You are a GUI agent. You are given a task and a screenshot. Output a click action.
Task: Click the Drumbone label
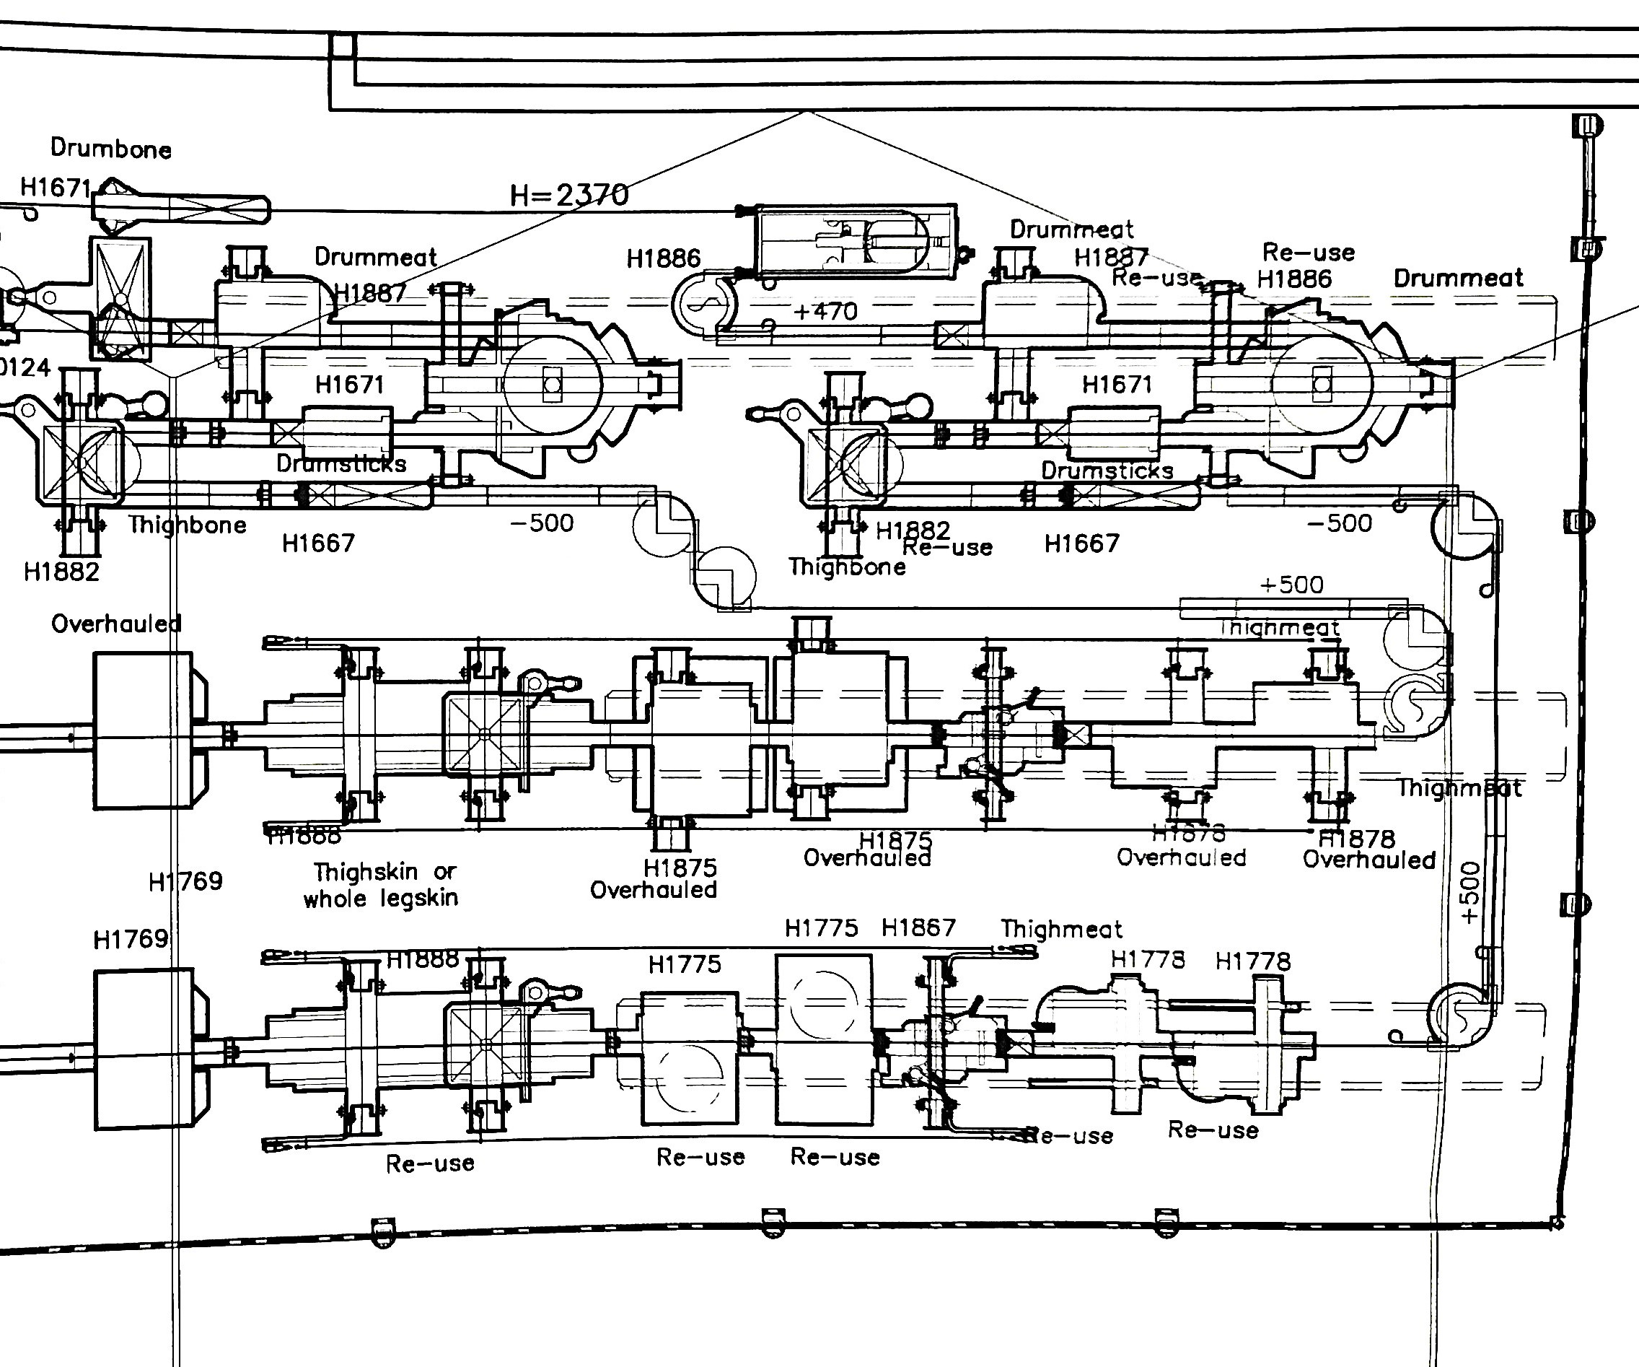point(111,149)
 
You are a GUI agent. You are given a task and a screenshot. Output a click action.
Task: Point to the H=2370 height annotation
point(569,194)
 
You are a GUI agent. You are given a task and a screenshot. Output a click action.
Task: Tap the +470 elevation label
point(825,312)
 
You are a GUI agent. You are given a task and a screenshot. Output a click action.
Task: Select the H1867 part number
point(918,927)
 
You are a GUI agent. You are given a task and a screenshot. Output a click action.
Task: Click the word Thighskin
point(366,871)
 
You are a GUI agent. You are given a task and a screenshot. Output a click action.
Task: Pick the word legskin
point(419,899)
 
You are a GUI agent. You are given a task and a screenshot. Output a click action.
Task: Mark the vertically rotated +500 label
point(1469,893)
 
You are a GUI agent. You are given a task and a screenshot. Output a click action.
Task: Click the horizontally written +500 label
point(1292,585)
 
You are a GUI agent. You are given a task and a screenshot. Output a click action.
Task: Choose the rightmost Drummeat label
point(1458,278)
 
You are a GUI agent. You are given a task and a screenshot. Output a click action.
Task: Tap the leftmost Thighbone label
point(188,525)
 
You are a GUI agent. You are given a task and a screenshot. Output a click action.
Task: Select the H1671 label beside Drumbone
point(56,188)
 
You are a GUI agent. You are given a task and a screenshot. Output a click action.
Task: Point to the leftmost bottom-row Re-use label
point(430,1163)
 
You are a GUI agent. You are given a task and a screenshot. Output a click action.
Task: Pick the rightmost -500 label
point(1340,523)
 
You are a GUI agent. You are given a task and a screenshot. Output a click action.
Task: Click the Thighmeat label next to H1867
point(1061,929)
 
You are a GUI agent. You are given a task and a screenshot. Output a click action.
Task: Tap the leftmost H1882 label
point(61,572)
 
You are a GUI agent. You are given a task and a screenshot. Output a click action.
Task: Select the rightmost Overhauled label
point(1369,860)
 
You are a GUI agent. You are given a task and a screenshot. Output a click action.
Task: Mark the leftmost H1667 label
point(318,543)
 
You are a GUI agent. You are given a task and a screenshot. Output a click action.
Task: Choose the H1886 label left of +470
point(664,258)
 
